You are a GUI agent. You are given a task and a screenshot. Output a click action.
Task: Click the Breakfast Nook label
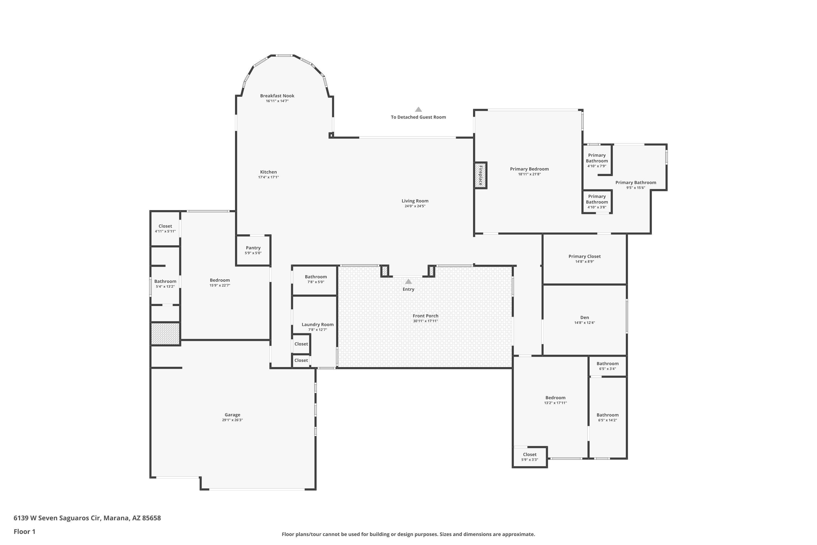[x=277, y=96]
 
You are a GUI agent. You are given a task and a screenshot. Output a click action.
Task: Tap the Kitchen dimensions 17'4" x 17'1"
[x=269, y=177]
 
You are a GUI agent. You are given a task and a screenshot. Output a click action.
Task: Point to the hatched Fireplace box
[x=481, y=175]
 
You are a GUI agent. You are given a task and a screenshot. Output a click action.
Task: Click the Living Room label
[x=415, y=201]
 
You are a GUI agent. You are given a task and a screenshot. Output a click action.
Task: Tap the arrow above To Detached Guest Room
[x=419, y=109]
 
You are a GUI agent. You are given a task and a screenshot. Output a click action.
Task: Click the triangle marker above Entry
[x=408, y=281]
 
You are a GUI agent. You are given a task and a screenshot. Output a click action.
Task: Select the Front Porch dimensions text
[x=425, y=321]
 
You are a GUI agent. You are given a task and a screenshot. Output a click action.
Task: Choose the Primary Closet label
[x=585, y=256]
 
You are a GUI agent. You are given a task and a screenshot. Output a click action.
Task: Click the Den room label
[x=585, y=317]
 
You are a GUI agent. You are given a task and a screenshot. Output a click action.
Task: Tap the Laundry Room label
[x=318, y=325]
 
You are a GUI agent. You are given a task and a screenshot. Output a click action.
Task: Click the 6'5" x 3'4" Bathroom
[x=608, y=366]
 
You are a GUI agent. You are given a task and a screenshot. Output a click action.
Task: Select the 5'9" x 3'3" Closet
[x=530, y=457]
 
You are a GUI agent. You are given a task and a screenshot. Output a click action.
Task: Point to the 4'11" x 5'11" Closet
[x=165, y=228]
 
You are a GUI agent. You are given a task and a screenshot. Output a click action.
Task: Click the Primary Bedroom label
[x=529, y=169]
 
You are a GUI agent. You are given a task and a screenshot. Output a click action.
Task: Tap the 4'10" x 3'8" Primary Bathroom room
[x=597, y=202]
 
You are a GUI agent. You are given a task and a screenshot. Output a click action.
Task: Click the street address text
[x=87, y=518]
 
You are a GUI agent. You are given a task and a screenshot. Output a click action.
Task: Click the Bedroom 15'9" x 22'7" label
[x=220, y=280]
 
